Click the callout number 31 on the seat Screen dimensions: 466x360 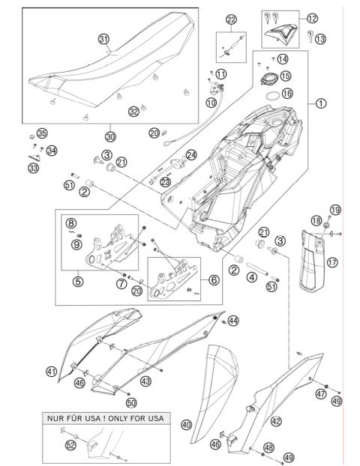103,39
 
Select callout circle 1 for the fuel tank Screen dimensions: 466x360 321,104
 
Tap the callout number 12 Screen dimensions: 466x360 313,18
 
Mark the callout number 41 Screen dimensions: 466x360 51,372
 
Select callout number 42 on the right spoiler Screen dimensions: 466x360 277,421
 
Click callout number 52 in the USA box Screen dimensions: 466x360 70,444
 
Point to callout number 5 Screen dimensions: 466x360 77,282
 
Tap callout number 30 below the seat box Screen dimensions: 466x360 110,137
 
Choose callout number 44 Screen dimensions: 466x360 233,321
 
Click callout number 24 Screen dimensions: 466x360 191,155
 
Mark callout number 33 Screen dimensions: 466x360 34,169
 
